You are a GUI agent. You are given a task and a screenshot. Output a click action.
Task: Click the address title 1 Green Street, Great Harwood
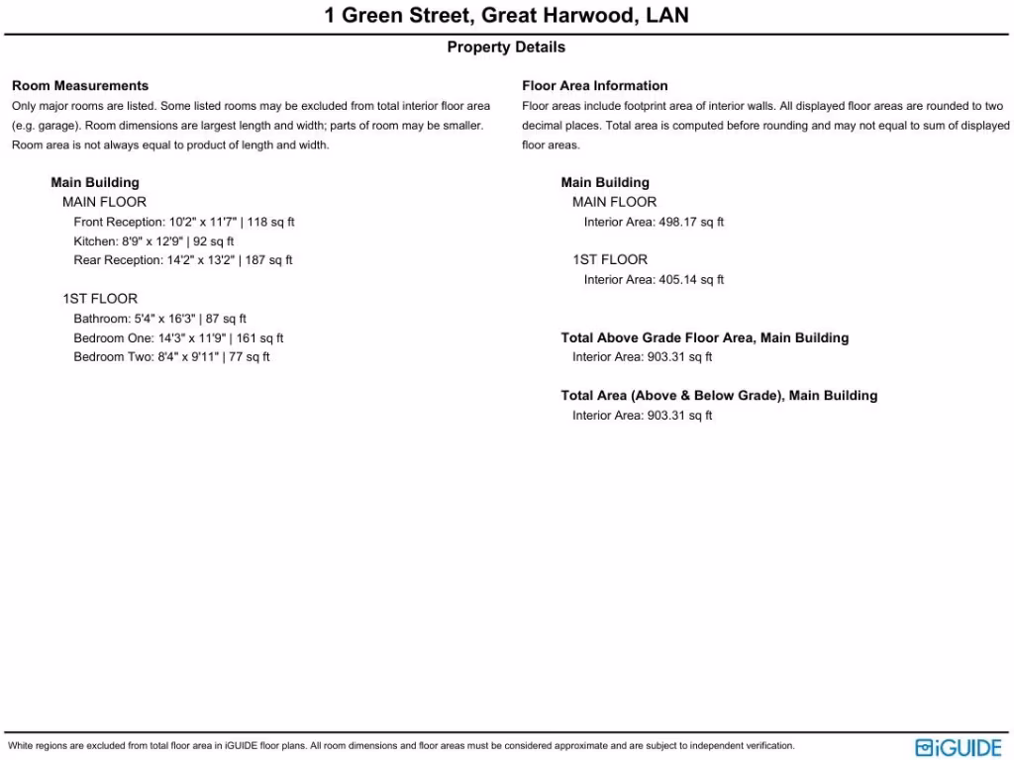[506, 16]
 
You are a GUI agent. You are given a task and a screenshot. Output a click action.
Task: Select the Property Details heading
[506, 47]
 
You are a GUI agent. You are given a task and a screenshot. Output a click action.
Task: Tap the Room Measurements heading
[80, 86]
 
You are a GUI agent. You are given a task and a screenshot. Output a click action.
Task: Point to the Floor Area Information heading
[595, 86]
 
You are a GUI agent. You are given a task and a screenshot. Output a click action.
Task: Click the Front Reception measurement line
[184, 222]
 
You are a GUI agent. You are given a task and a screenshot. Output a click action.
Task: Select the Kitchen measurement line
[153, 241]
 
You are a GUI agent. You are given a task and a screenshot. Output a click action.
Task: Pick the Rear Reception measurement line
[183, 260]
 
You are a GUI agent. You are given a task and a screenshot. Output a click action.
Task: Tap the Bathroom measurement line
[159, 319]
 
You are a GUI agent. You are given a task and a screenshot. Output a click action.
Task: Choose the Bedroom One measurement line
[178, 338]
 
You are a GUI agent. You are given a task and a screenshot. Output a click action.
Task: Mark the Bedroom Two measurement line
[171, 357]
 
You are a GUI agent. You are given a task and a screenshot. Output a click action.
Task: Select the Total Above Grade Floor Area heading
[704, 338]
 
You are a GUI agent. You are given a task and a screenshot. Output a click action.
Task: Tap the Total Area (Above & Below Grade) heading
[719, 396]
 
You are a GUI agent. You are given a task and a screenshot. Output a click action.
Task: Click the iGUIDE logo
[959, 747]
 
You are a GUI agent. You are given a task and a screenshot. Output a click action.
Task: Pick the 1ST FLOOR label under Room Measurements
[100, 299]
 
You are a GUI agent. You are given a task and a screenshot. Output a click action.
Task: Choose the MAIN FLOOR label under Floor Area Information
[614, 202]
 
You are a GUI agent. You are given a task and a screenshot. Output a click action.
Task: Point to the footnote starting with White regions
[401, 746]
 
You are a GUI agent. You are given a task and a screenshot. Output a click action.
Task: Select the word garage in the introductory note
[45, 126]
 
